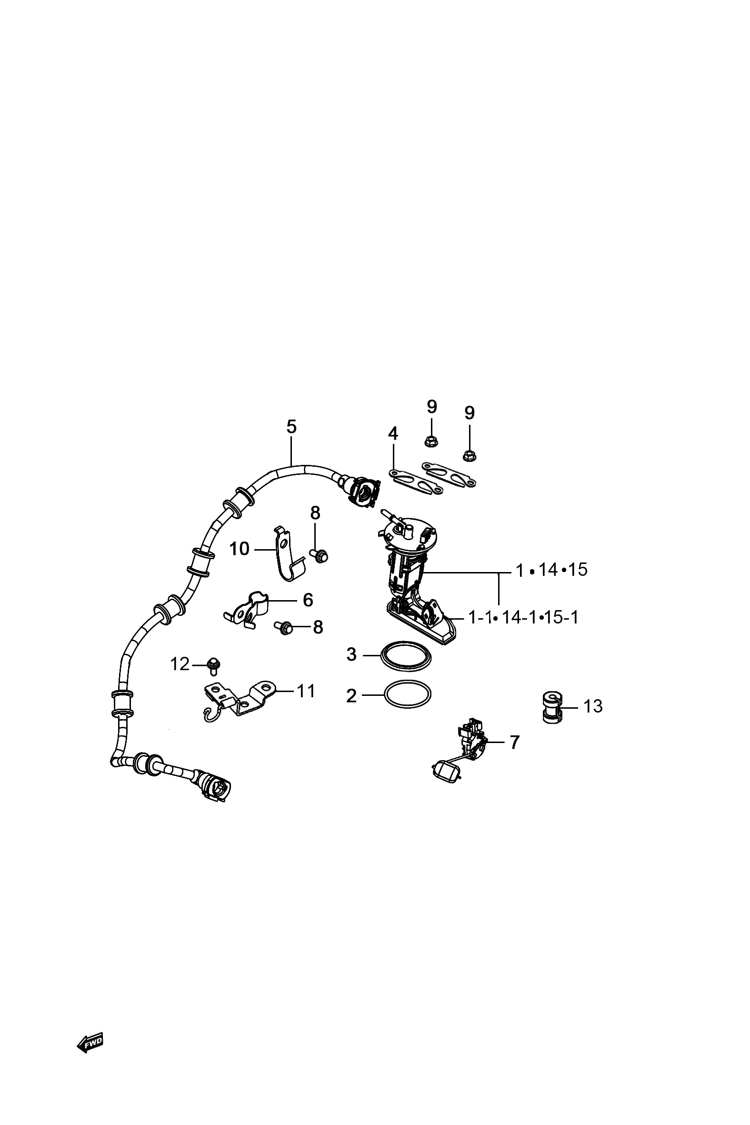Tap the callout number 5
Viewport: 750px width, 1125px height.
coord(291,426)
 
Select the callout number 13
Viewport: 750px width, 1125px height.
coord(593,706)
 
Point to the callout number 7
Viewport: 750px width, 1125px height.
coord(514,742)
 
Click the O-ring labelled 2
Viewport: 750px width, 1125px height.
coord(408,694)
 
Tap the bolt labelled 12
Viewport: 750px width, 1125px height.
coord(214,664)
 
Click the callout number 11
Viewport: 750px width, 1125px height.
coord(306,691)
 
